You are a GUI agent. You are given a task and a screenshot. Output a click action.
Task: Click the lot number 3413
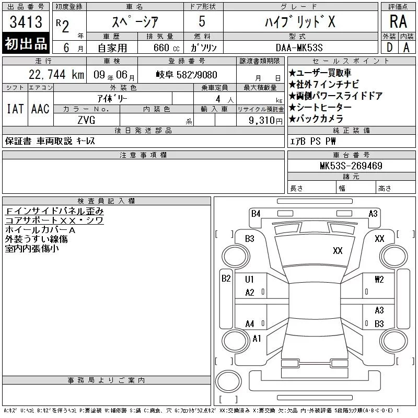click(26, 21)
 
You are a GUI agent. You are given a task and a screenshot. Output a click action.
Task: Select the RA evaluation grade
click(398, 21)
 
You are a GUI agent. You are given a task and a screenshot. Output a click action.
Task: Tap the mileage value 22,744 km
click(56, 75)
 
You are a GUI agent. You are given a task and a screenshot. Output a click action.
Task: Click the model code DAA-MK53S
click(299, 48)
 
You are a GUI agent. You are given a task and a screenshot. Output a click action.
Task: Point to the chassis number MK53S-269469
click(351, 166)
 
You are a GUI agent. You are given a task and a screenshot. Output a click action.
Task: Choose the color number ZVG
click(86, 120)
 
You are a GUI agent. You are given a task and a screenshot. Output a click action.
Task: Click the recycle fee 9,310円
click(265, 121)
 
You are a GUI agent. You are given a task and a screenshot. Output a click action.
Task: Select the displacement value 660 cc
click(166, 48)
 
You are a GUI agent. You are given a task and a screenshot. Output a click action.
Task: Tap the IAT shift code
click(15, 109)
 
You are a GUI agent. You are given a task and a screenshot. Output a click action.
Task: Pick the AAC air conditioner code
click(40, 109)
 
